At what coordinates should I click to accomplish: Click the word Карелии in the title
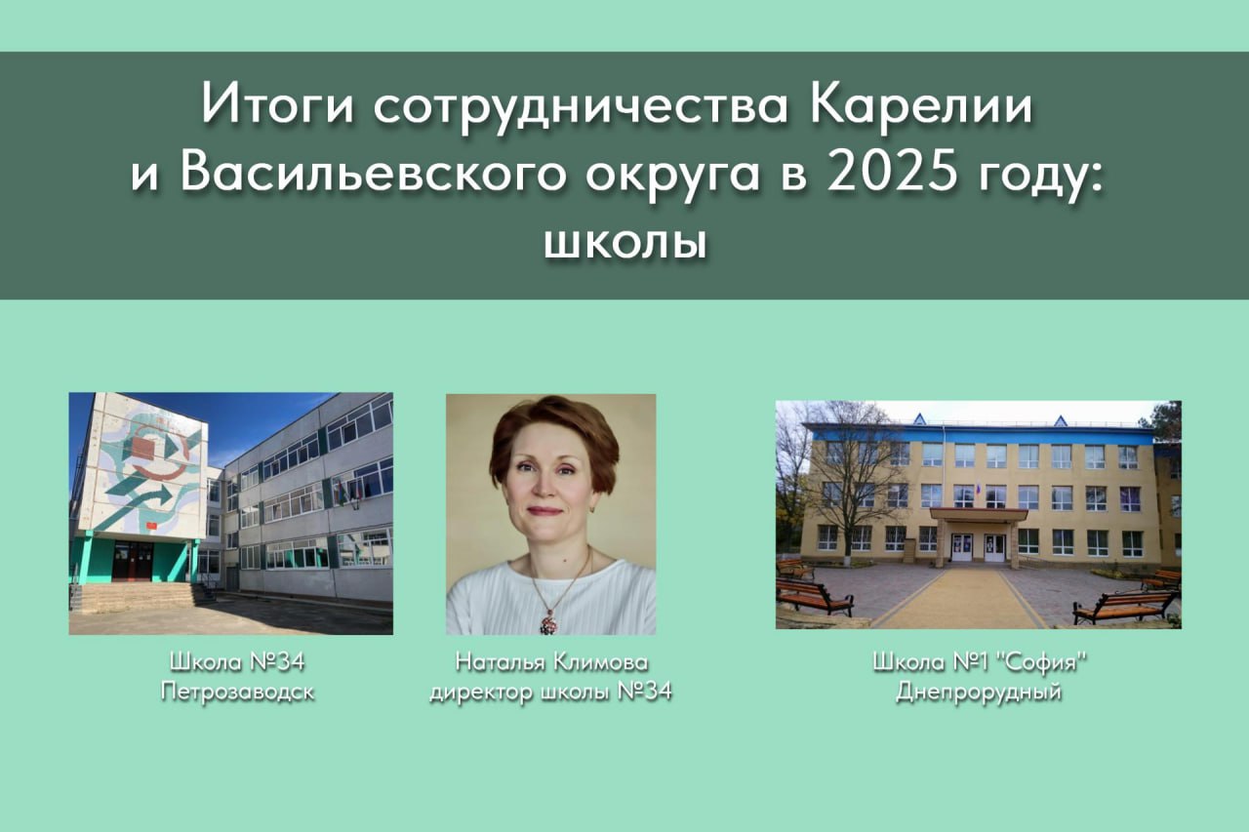point(921,106)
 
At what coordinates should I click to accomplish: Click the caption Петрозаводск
point(237,693)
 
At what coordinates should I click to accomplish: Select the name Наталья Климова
point(551,662)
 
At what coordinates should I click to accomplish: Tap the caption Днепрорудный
point(980,693)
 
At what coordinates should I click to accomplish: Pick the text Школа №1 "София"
point(980,662)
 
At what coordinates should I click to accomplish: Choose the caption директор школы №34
point(551,693)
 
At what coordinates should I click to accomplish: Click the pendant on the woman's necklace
point(548,619)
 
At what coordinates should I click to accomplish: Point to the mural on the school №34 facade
point(146,468)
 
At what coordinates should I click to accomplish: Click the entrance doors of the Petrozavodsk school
point(132,561)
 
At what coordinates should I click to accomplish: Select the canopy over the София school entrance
point(978,514)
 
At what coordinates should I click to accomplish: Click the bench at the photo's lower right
point(1124,607)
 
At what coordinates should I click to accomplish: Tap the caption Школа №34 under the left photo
point(237,662)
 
